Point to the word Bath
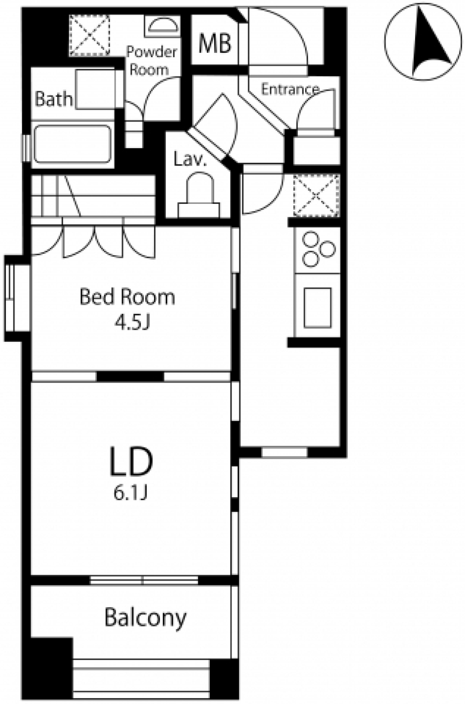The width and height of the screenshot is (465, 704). coord(53,99)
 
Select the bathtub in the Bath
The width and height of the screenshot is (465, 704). coord(72,144)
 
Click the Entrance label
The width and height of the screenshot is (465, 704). coord(290,90)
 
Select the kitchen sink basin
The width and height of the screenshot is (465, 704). coord(318,307)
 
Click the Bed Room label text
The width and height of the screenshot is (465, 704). coord(127,297)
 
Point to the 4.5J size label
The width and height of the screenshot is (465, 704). coord(131,323)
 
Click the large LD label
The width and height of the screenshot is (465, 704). coord(131,462)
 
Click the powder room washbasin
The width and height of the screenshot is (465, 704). coord(162,26)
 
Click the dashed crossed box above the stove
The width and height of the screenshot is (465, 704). coord(317,196)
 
